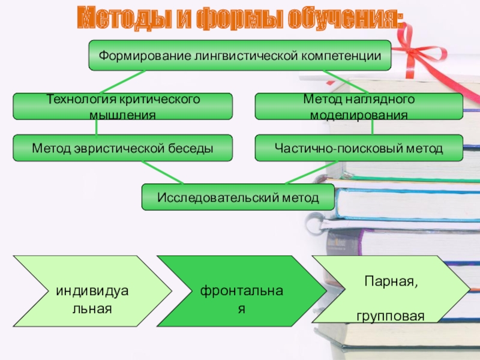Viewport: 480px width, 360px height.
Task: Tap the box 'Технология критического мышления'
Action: [x=123, y=106]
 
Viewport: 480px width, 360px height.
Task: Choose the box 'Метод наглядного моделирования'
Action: [x=359, y=106]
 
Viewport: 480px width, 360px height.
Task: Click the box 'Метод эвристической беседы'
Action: [x=123, y=148]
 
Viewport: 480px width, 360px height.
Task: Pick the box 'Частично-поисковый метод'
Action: [x=359, y=148]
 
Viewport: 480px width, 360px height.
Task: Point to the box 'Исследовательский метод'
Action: [x=238, y=197]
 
